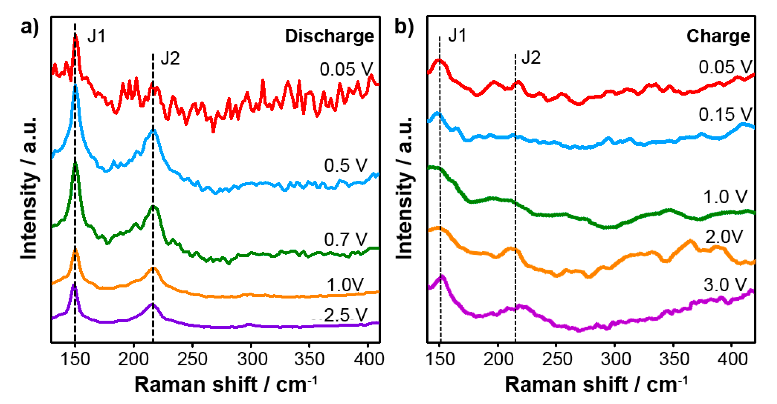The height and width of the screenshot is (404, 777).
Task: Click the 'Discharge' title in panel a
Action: pyautogui.click(x=329, y=36)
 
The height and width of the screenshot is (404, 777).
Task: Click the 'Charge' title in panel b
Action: pyautogui.click(x=718, y=36)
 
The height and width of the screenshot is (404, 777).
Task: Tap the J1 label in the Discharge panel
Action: pyautogui.click(x=96, y=36)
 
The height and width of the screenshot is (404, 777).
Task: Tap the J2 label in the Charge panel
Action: pyautogui.click(x=531, y=57)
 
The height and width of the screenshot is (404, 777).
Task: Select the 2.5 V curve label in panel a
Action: pyautogui.click(x=345, y=315)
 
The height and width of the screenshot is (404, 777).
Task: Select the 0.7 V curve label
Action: pyautogui.click(x=345, y=239)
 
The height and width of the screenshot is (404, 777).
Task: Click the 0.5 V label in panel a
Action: pyautogui.click(x=345, y=165)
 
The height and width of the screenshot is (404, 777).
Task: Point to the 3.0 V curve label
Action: pyautogui.click(x=725, y=285)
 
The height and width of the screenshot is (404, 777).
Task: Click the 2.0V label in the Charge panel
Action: pyautogui.click(x=724, y=236)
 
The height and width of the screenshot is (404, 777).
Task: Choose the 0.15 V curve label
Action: pyautogui.click(x=725, y=115)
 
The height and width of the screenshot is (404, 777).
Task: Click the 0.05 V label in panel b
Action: pyautogui.click(x=725, y=67)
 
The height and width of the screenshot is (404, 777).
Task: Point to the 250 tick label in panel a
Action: pyautogui.click(x=192, y=359)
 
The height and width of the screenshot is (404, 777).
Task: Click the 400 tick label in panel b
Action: pyautogui.click(x=732, y=359)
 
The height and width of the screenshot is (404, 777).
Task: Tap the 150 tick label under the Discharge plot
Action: pyautogui.click(x=75, y=359)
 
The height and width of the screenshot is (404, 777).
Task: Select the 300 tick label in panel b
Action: pyautogui.click(x=615, y=359)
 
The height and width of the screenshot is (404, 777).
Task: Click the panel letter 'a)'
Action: pyautogui.click(x=30, y=27)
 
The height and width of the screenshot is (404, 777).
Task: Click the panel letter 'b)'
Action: pyautogui.click(x=404, y=27)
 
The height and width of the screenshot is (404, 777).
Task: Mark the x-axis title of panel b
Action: pyautogui.click(x=596, y=384)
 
